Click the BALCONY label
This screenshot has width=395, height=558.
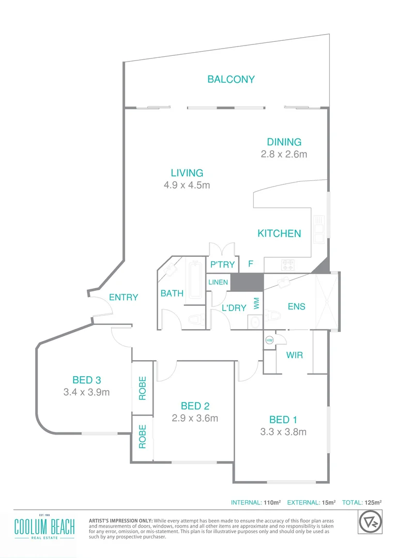(x=231, y=80)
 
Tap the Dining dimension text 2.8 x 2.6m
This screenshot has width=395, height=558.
(x=284, y=154)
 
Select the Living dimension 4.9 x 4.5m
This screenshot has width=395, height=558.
(x=187, y=185)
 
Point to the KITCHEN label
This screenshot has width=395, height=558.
(x=279, y=234)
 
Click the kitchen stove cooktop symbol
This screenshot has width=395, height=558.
(x=287, y=265)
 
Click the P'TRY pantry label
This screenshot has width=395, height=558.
(x=222, y=265)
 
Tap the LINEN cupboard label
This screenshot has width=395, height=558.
(x=218, y=283)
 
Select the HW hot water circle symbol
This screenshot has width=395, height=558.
(x=269, y=340)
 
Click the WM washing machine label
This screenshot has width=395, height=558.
(x=256, y=303)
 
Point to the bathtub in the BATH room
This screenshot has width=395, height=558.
(x=195, y=280)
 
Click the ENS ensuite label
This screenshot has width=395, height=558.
(x=296, y=306)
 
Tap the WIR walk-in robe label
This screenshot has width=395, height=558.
(x=294, y=355)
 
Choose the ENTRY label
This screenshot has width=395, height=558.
(x=124, y=297)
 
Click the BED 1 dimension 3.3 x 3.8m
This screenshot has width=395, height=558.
(x=283, y=432)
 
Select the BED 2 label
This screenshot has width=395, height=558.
(x=195, y=406)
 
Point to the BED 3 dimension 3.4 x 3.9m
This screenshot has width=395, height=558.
(x=86, y=392)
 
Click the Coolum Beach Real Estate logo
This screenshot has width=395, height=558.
(x=44, y=528)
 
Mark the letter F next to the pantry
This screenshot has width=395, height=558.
(x=250, y=265)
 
